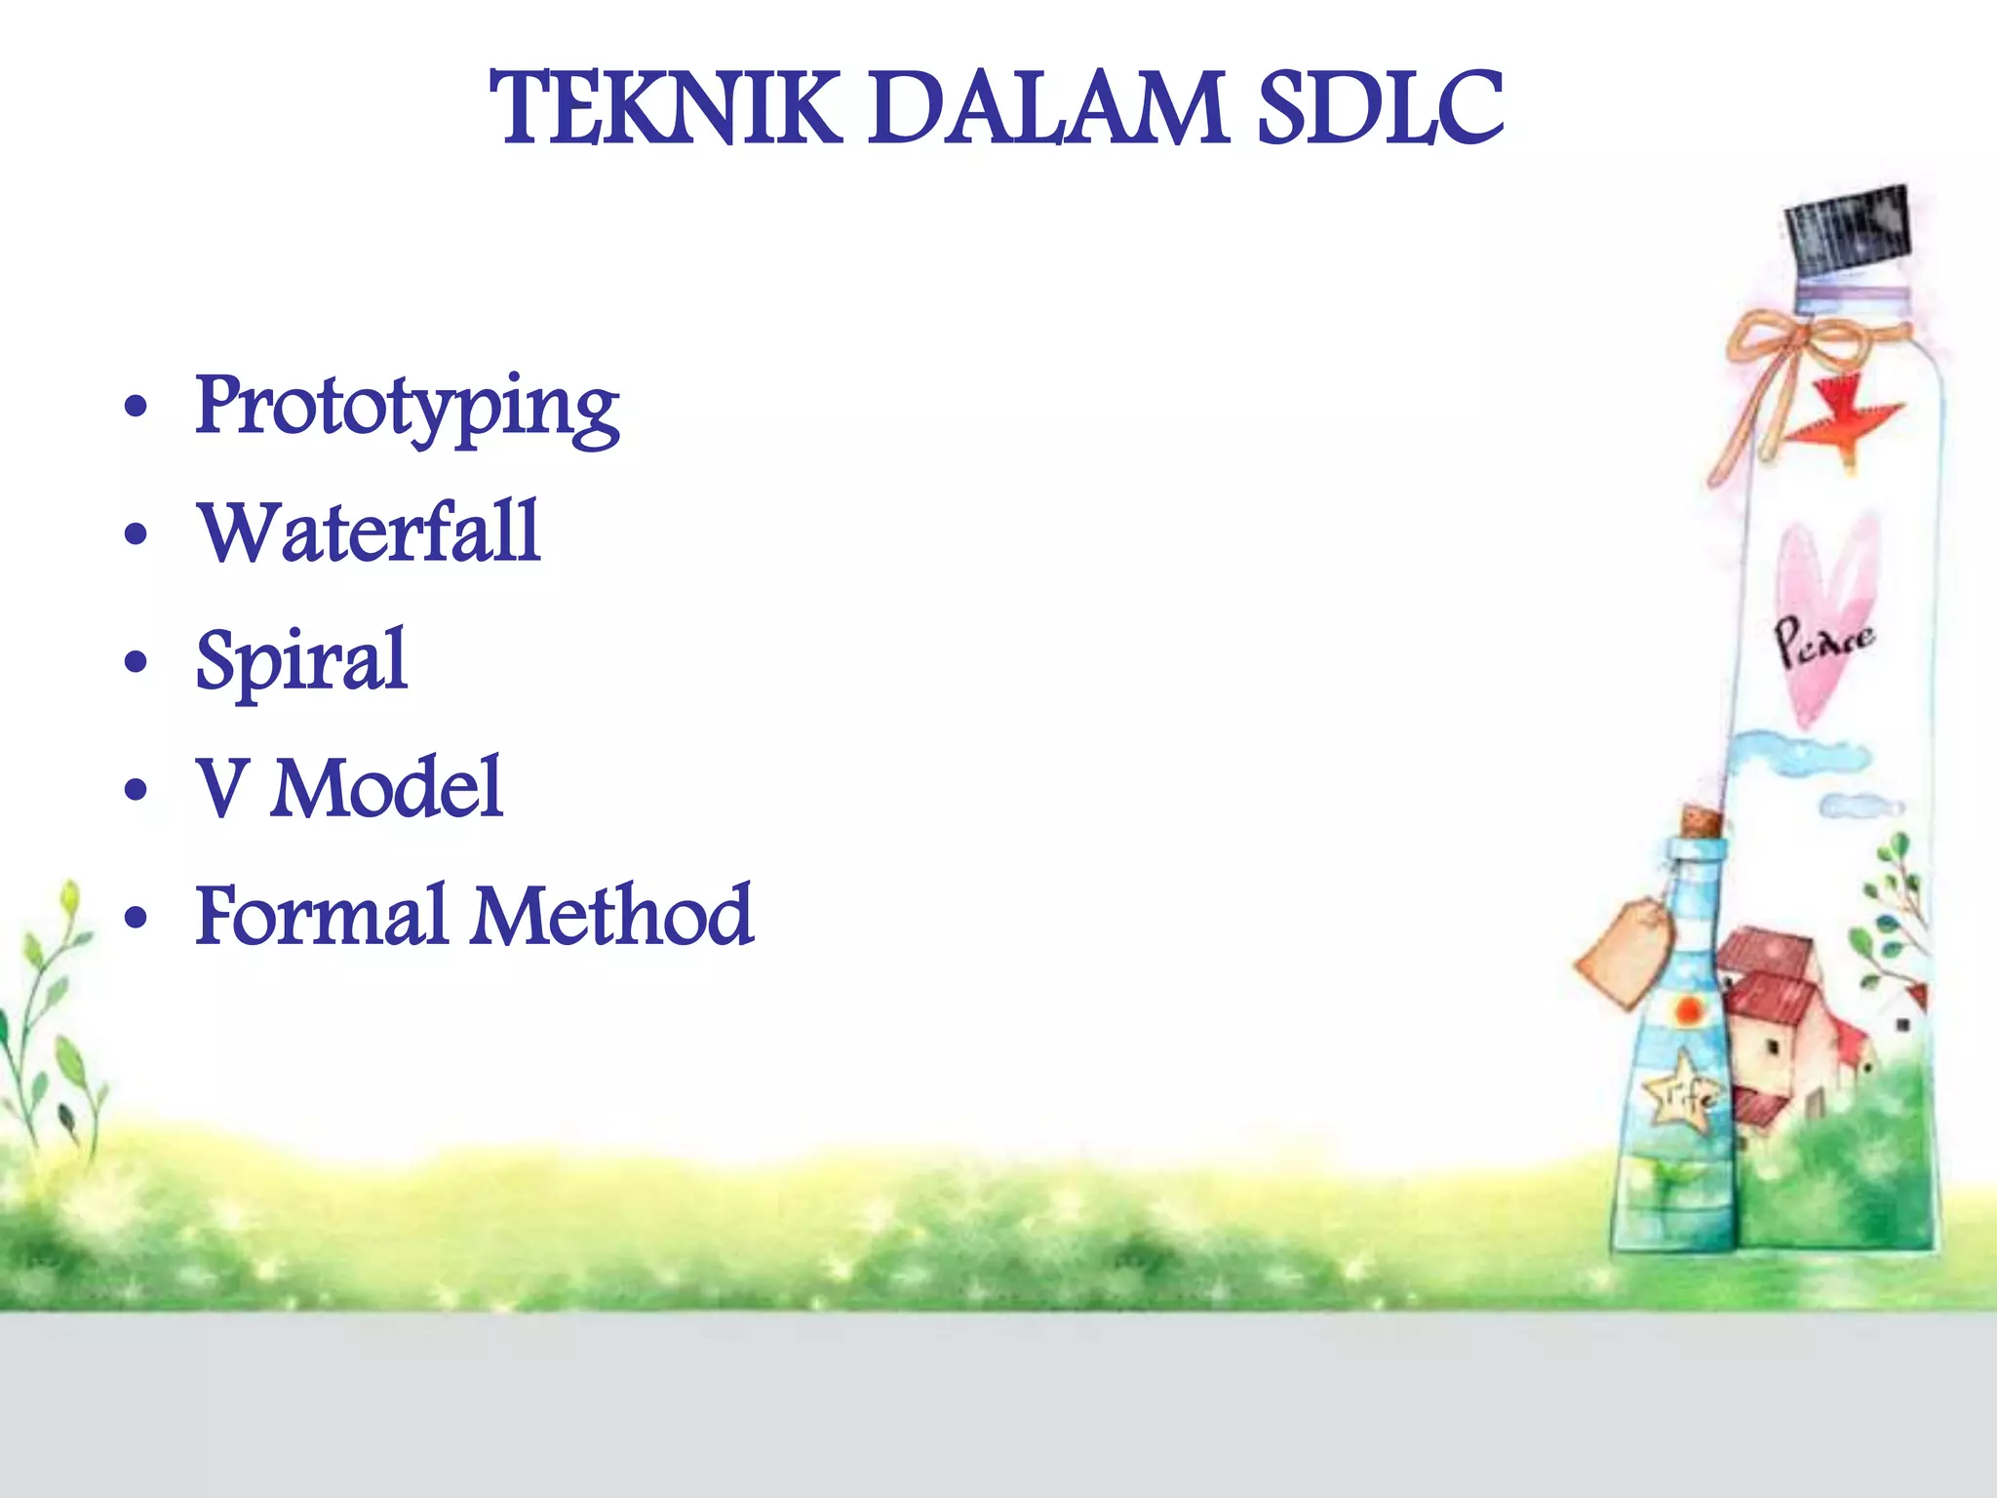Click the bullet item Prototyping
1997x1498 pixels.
tap(407, 408)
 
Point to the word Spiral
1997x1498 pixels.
tap(301, 661)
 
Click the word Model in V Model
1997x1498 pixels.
tap(387, 788)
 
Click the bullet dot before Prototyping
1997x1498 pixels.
tap(137, 408)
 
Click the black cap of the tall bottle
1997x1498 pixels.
tap(1846, 230)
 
